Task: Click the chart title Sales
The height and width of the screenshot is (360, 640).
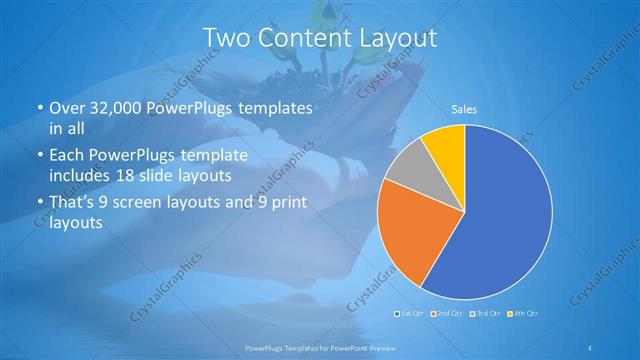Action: pyautogui.click(x=463, y=108)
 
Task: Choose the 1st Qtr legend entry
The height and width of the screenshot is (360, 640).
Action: pyautogui.click(x=409, y=314)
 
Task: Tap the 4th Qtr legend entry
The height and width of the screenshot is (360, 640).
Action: pyautogui.click(x=521, y=314)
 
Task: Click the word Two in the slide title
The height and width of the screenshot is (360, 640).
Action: pyautogui.click(x=227, y=38)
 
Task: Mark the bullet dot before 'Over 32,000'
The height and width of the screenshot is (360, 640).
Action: pyautogui.click(x=39, y=108)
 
